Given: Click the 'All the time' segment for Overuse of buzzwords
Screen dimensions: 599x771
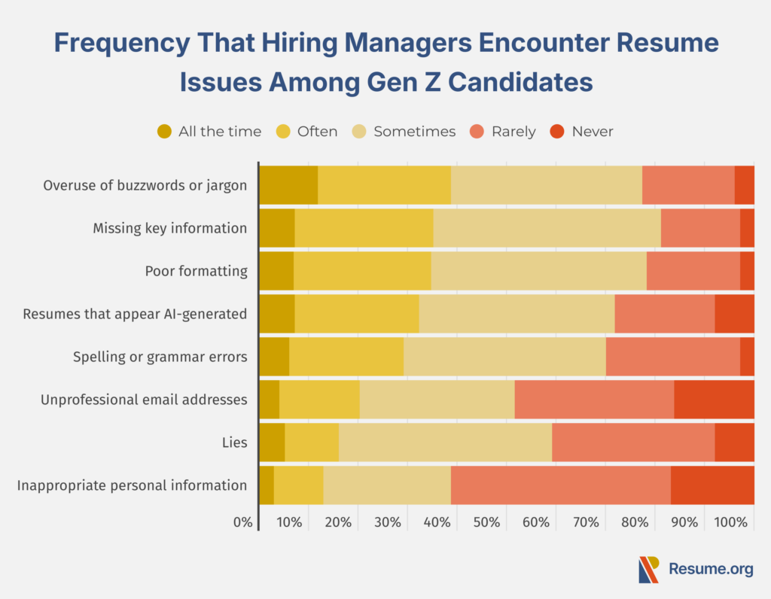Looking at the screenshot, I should pos(288,185).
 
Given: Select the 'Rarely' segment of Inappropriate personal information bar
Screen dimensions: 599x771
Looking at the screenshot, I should pos(560,485).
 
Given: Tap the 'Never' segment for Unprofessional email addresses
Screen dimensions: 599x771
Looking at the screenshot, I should pos(714,400).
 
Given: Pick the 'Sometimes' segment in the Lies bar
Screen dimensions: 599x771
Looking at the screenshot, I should pos(445,442).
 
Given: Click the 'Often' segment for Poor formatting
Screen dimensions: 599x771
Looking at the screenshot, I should pos(362,271).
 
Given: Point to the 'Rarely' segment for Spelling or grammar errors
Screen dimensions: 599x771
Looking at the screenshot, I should pos(672,357).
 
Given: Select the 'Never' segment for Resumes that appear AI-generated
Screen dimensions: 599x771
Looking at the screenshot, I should pos(734,314).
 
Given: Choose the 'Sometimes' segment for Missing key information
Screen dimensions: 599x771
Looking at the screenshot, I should pos(547,228).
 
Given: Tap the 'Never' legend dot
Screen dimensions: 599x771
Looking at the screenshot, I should pos(557,132).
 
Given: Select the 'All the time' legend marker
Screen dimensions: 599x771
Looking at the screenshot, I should pos(165,132).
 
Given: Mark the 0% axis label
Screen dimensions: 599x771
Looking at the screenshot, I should pos(243,522).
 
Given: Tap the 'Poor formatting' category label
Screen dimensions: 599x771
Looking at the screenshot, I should pos(196,271).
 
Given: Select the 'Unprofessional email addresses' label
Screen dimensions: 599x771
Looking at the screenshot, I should pos(144,400).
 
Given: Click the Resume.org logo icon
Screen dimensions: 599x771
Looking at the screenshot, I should pos(648,570).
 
